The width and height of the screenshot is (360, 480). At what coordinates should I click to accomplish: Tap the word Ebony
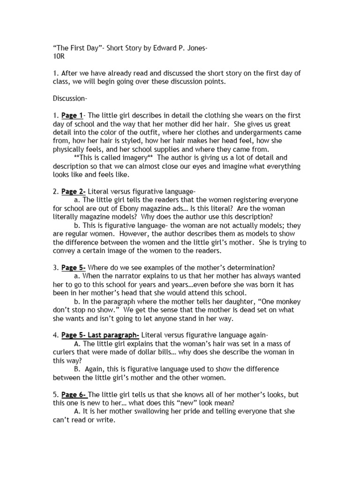coord(156,208)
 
